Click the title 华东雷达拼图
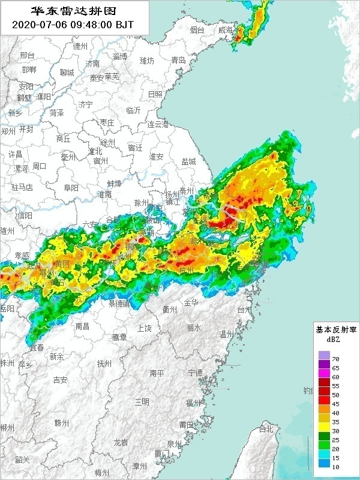coord(73,11)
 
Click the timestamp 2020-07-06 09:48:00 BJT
coord(73,25)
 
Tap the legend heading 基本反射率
coord(336,329)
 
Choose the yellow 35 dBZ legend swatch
coord(325,421)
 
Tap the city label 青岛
coord(178,60)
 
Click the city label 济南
coord(92,64)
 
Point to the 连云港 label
coord(159,124)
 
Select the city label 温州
coord(226,334)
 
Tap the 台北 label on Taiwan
coord(266,429)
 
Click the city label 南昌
coord(83,326)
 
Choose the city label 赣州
coord(61,422)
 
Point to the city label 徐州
coord(107,142)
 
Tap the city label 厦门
coord(162,453)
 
